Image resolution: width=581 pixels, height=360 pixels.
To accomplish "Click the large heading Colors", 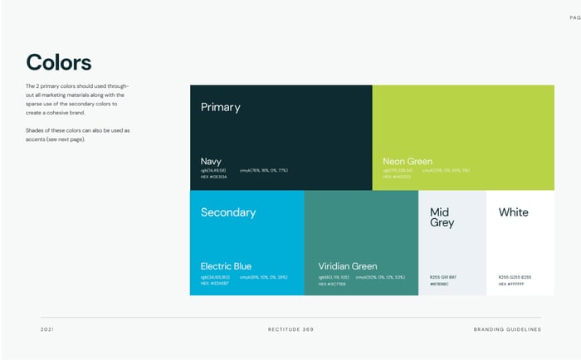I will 59,62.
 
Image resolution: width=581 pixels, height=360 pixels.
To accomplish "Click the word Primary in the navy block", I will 220,107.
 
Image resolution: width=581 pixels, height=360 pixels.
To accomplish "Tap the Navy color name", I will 211,161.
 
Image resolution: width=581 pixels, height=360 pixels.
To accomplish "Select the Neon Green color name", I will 408,161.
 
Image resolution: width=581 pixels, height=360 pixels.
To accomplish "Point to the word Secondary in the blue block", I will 228,212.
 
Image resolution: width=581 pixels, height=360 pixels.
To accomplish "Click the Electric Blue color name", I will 226,266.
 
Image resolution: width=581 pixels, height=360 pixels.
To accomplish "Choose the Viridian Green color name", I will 348,266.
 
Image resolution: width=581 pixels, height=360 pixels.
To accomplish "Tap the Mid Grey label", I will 442,217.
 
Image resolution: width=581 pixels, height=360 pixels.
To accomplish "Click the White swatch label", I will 513,212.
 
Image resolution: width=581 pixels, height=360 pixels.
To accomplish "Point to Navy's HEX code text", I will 213,177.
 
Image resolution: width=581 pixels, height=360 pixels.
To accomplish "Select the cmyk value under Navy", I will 263,170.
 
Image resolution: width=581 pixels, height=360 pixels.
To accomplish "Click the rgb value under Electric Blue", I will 216,277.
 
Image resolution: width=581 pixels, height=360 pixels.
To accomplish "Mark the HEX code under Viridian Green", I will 332,284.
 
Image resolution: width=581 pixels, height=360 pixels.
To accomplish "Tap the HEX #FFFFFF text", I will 511,284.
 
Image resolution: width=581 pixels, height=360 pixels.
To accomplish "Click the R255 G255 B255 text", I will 515,277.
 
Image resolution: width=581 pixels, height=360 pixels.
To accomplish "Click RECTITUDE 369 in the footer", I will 290,329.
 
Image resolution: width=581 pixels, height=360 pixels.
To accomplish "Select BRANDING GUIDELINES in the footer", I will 506,329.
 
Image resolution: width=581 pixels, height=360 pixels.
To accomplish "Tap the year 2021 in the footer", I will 46,329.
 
